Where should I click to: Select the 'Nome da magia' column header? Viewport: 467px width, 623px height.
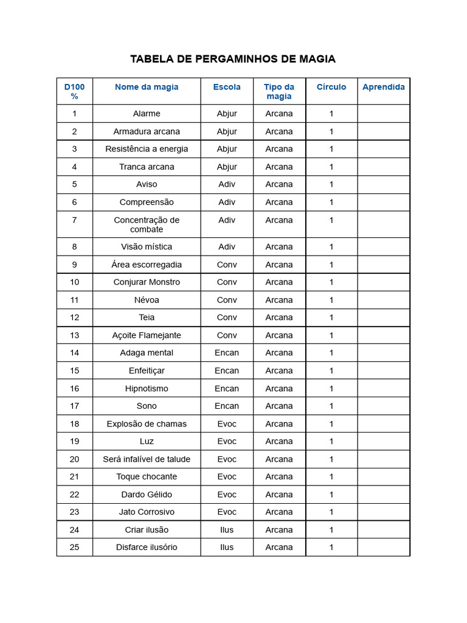coord(147,87)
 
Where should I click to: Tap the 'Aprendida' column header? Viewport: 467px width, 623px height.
coord(383,87)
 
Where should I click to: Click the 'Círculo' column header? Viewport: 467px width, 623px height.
coord(331,87)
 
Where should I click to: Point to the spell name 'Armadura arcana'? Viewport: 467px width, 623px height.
coord(147,131)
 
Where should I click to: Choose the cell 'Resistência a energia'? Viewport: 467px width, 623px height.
coord(147,149)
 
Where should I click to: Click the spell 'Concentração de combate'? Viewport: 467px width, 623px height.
coord(147,224)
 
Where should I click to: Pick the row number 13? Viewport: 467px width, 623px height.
coord(74,335)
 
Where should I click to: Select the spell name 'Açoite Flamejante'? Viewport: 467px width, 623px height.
coord(147,335)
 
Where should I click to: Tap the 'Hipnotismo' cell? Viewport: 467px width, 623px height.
coord(147,388)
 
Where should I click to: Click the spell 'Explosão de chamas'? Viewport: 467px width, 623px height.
coord(147,424)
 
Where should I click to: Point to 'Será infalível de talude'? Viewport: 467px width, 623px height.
coord(147,459)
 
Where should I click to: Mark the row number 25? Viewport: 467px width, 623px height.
coord(74,547)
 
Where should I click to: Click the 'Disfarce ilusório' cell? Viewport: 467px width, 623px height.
coord(147,547)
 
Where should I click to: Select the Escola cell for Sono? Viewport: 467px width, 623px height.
coord(227,406)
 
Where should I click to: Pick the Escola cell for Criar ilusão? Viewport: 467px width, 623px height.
coord(227,530)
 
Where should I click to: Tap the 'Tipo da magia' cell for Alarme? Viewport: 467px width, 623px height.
coord(279,114)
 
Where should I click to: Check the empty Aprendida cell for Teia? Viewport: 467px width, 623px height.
coord(383,318)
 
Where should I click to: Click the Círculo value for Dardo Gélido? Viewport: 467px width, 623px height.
coord(331,495)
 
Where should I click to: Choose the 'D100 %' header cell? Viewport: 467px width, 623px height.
coord(74,91)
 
